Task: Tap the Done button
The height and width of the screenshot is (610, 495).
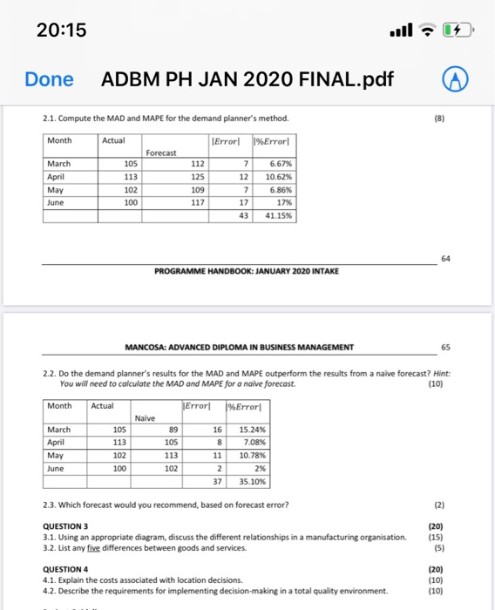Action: [49, 79]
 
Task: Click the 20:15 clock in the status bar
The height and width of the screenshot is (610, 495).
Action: [62, 30]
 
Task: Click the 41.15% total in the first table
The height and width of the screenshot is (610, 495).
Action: [275, 215]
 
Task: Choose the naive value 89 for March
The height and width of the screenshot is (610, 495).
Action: [174, 429]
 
